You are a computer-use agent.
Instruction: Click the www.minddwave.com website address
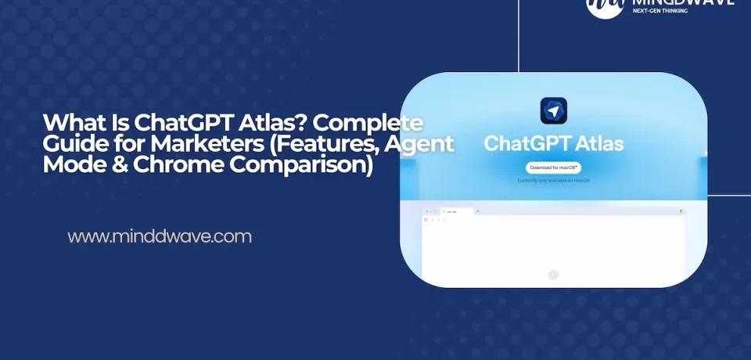(160, 236)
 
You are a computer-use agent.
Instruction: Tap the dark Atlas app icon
(553, 111)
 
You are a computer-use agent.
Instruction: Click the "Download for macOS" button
(553, 167)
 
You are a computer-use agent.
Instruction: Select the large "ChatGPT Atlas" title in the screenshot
(553, 143)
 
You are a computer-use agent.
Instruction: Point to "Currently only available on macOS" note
(553, 181)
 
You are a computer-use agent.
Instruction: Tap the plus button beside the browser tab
(477, 211)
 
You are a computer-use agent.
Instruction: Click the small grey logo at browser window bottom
(553, 274)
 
